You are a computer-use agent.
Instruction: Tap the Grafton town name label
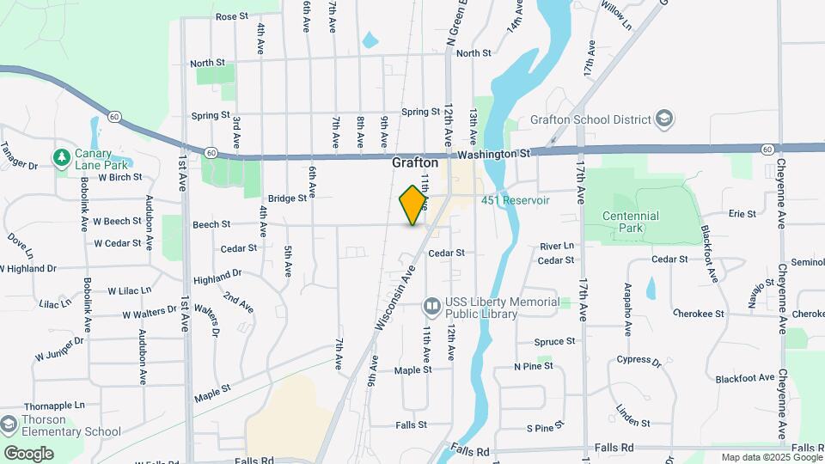click(x=415, y=162)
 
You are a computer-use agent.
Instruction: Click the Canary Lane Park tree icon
click(x=61, y=157)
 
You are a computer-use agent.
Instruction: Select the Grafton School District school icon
click(x=664, y=118)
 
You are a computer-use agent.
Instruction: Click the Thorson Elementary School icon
click(x=9, y=424)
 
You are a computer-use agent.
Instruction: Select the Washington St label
click(x=494, y=153)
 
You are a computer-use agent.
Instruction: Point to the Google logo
click(x=28, y=453)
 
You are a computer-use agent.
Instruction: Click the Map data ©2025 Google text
click(x=770, y=457)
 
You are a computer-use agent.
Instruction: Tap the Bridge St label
click(x=287, y=198)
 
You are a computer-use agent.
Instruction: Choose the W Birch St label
click(x=119, y=178)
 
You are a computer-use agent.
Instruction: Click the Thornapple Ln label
click(x=55, y=405)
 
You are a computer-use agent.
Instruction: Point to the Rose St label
click(x=231, y=16)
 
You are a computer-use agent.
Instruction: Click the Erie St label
click(x=742, y=214)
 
